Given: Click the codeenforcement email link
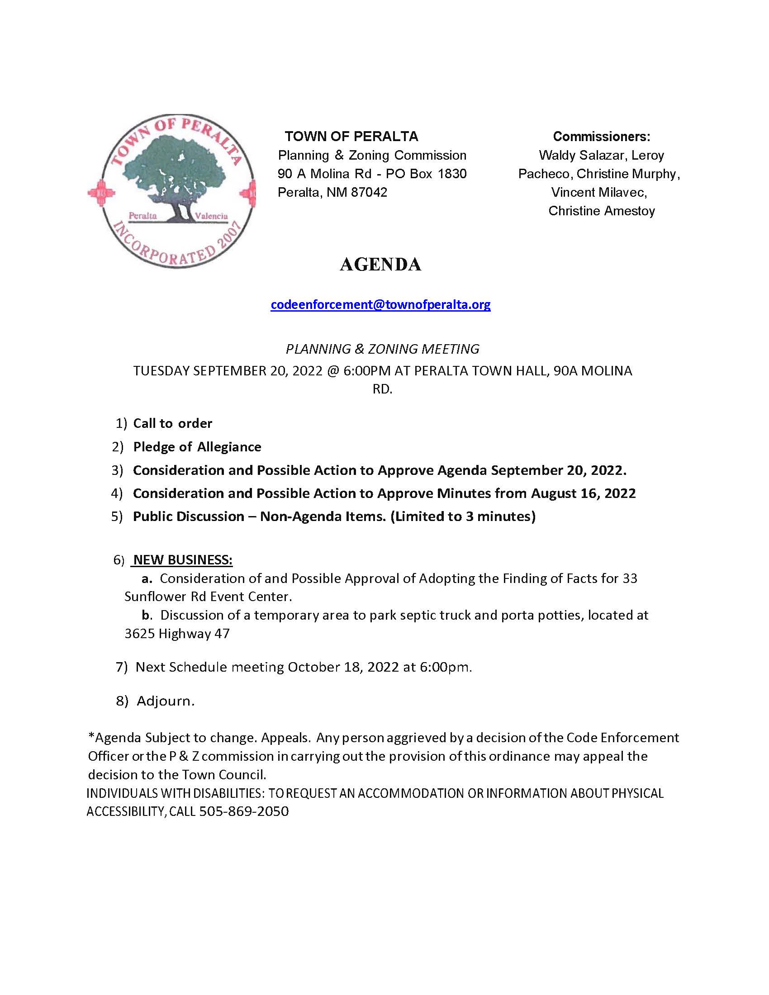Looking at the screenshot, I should point(380,304).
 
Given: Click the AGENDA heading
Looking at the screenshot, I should point(380,265).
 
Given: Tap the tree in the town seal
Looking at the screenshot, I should point(172,178).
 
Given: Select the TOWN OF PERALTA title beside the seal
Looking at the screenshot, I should point(351,136).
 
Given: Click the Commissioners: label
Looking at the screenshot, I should point(601,136).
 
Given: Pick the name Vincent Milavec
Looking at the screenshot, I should point(599,192).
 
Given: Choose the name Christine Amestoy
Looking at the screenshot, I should point(601,211).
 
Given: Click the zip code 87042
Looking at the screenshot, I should point(369,192).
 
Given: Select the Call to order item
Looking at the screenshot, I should point(173,423).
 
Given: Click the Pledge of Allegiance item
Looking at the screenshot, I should point(197,447).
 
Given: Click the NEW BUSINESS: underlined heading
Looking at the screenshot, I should point(183,560).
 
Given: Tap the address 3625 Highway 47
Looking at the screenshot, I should point(177,634).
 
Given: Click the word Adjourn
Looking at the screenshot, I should point(166,701).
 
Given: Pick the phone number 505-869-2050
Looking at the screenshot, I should point(244,811).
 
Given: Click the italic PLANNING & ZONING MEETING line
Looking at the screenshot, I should point(382,349).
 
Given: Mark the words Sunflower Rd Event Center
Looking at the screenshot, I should point(208,597).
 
